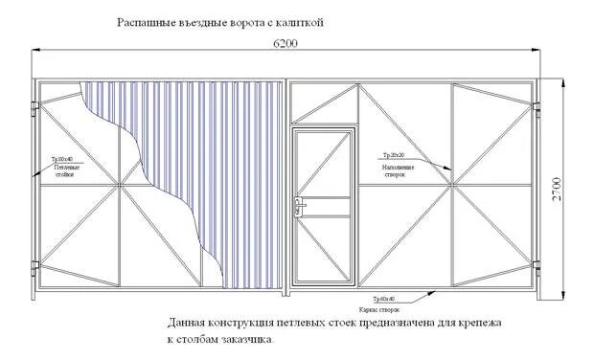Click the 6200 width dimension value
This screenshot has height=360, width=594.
pyautogui.click(x=285, y=44)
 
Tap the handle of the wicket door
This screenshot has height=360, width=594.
pyautogui.click(x=300, y=202)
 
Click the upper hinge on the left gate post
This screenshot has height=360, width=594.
pyautogui.click(x=36, y=104)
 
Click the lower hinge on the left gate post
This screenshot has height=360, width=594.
pyautogui.click(x=36, y=265)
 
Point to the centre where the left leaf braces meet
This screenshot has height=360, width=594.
pyautogui.click(x=119, y=185)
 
